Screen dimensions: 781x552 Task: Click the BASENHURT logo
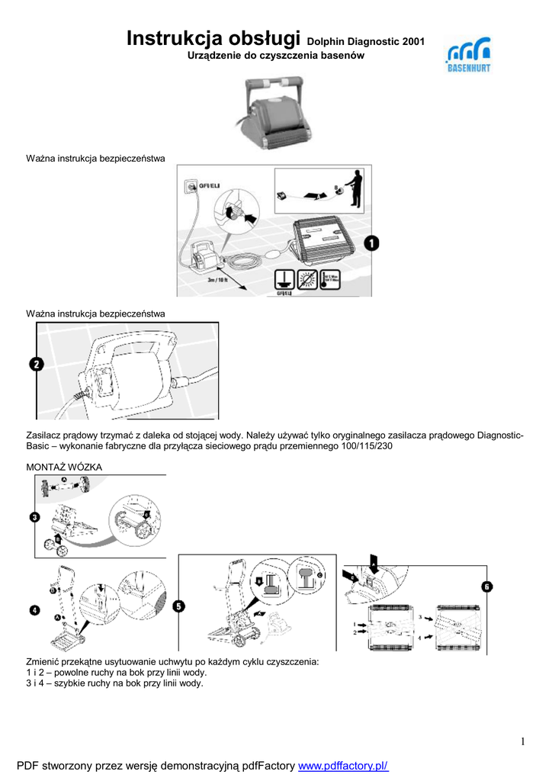click(x=467, y=57)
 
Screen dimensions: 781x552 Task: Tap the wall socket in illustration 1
click(x=191, y=186)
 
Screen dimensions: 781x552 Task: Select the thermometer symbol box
click(x=330, y=279)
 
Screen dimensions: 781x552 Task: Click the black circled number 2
click(x=37, y=364)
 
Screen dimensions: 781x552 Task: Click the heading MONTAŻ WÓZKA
click(x=64, y=467)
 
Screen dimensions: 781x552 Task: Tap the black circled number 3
click(x=35, y=517)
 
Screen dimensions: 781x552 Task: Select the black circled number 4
click(x=35, y=609)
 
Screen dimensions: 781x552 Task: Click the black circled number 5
click(x=178, y=606)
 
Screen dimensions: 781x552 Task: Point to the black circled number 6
click(x=486, y=587)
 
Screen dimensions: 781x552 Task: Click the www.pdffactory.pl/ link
click(x=343, y=765)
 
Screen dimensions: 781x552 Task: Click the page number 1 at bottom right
click(x=524, y=741)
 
